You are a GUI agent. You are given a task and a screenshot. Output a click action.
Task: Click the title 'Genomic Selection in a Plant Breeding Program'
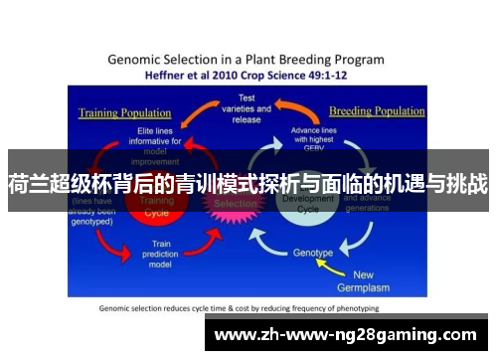tap(247, 59)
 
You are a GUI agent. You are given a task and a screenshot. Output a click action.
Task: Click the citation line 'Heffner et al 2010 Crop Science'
tap(247, 74)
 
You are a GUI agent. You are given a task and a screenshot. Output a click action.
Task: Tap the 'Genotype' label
tap(313, 253)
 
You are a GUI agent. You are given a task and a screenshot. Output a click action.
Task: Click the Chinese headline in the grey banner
tap(248, 183)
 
